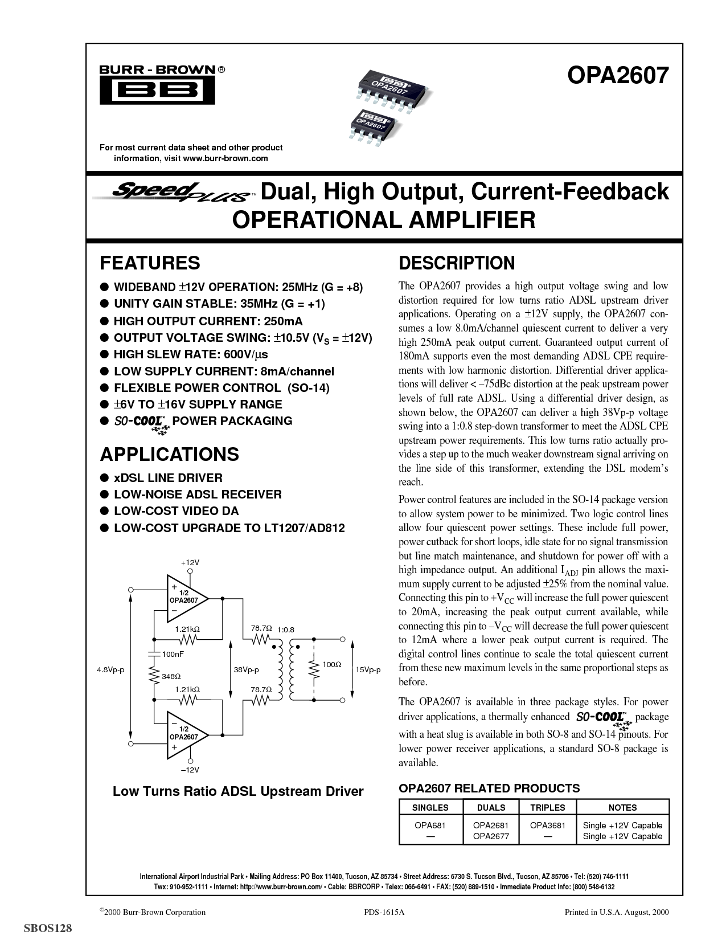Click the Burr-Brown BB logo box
point(157,90)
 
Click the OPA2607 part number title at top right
point(618,75)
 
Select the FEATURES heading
point(150,263)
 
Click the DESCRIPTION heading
point(457,263)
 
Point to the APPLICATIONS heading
point(170,454)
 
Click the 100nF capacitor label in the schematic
point(173,654)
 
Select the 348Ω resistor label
point(171,676)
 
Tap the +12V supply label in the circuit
point(190,562)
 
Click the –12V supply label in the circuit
point(190,770)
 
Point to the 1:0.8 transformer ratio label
point(286,630)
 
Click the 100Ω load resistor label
point(332,664)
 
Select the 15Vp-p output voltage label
point(368,669)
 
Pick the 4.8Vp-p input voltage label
point(110,669)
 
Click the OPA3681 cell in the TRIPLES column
point(547,825)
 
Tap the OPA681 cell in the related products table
point(430,825)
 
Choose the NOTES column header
point(622,807)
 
